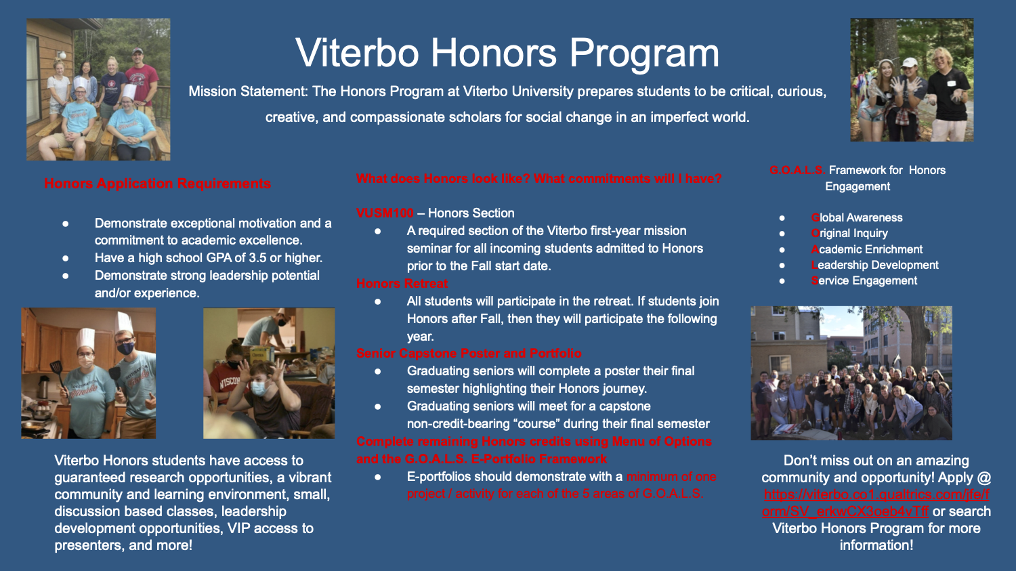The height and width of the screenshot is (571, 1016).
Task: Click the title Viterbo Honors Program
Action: click(x=507, y=53)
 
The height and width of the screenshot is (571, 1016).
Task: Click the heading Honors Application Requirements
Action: click(x=157, y=184)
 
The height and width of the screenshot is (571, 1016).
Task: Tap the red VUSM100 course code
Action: click(x=384, y=213)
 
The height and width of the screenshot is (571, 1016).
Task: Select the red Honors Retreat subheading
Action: click(x=402, y=284)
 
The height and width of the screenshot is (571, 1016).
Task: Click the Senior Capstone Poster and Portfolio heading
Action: click(x=469, y=354)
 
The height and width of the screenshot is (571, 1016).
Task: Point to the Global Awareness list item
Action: click(x=857, y=217)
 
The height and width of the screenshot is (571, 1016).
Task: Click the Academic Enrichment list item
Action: click(x=867, y=249)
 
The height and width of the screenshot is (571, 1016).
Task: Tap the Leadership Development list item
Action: click(x=875, y=265)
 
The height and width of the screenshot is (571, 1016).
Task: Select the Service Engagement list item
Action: click(x=864, y=280)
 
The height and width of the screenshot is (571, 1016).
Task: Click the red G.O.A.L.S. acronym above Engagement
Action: click(x=797, y=171)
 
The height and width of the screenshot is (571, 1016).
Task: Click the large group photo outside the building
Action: click(x=851, y=373)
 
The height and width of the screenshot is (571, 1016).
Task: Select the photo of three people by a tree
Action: click(x=912, y=80)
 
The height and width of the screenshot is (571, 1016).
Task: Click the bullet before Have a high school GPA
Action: click(x=66, y=258)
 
